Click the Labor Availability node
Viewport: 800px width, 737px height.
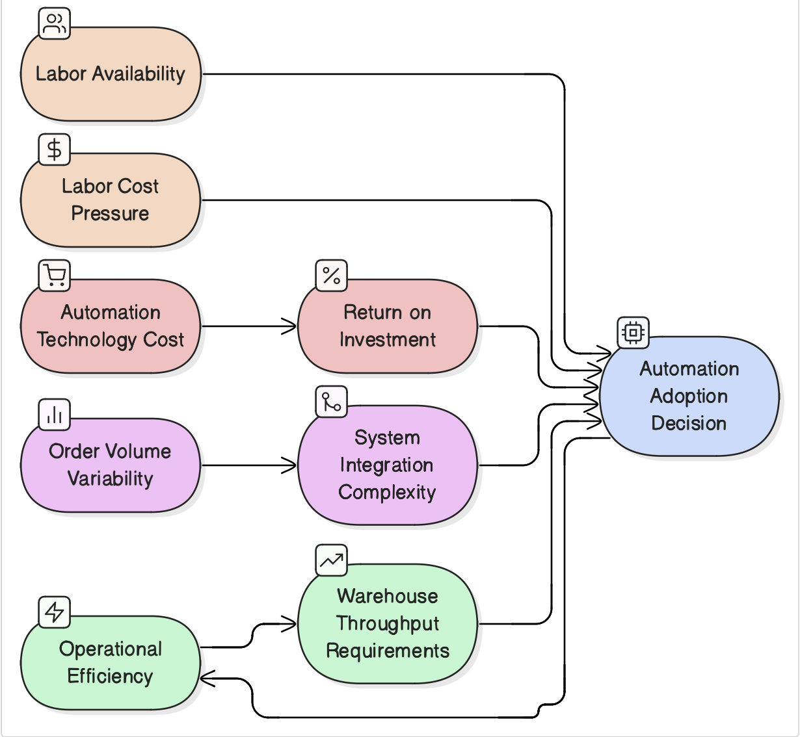[x=111, y=74]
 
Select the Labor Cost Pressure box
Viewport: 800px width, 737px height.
[x=111, y=200]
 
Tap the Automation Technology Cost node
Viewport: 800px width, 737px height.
[x=111, y=326]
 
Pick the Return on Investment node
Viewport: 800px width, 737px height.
[x=388, y=326]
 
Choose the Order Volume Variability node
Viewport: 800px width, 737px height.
[x=111, y=465]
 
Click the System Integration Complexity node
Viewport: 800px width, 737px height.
[x=388, y=465]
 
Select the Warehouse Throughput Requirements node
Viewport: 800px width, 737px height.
[x=388, y=624]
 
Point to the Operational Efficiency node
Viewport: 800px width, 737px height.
[x=111, y=663]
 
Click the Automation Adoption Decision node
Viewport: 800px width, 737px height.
[x=689, y=396]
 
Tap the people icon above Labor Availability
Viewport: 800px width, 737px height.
[x=55, y=24]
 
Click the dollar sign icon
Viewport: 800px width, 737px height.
[x=55, y=150]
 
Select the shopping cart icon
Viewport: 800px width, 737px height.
[x=55, y=276]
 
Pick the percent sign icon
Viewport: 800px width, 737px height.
[x=332, y=276]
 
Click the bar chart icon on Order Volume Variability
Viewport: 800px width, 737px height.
[x=55, y=415]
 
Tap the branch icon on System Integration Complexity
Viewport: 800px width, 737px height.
[x=332, y=402]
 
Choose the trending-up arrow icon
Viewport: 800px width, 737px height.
[x=332, y=560]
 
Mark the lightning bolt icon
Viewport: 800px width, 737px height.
[x=55, y=612]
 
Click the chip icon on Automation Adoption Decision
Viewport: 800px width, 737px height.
[x=633, y=333]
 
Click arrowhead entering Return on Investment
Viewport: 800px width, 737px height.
[x=290, y=326]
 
